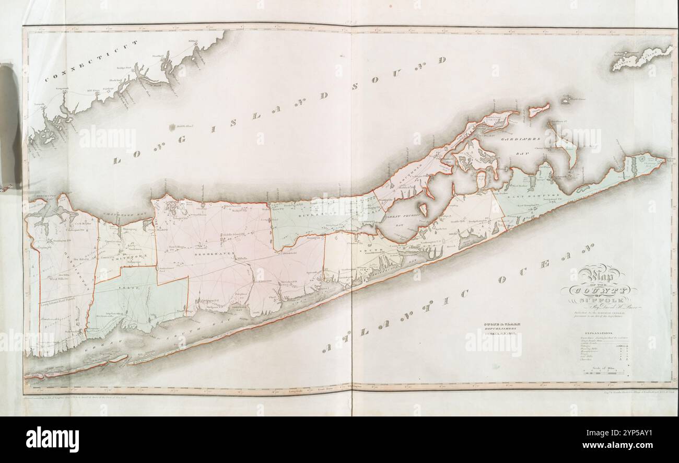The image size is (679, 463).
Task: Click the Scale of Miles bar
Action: [603, 372]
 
